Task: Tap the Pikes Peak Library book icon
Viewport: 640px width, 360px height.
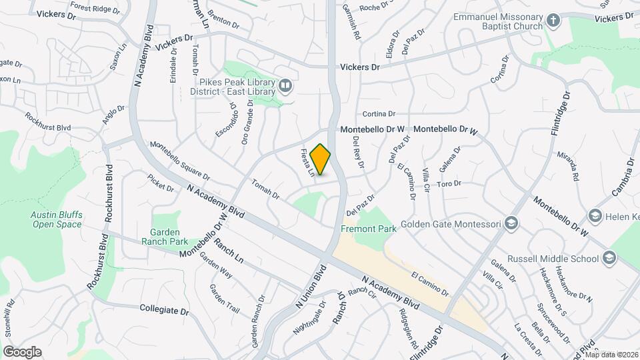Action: click(285, 85)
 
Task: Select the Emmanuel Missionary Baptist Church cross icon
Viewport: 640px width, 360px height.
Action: click(553, 21)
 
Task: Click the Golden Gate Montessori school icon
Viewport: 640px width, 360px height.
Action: click(511, 223)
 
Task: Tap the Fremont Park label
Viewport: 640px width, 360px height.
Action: click(369, 229)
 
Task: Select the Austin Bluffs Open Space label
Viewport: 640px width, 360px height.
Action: click(56, 219)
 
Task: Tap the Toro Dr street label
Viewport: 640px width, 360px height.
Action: click(449, 183)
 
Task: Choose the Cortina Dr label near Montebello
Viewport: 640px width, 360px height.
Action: click(379, 114)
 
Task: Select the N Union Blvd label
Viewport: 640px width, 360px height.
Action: click(311, 287)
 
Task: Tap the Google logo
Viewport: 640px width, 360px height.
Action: click(22, 351)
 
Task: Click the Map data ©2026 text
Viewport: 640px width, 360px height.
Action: click(611, 355)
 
